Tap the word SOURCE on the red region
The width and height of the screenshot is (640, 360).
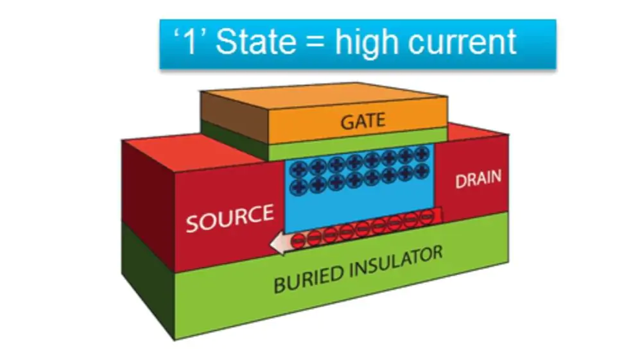(230, 218)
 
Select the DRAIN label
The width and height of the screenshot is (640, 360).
(478, 180)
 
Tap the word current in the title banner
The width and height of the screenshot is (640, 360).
(472, 42)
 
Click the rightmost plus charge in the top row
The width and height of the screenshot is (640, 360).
(421, 154)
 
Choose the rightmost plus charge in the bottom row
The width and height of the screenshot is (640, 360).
(421, 170)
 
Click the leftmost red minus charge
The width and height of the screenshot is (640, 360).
(298, 241)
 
